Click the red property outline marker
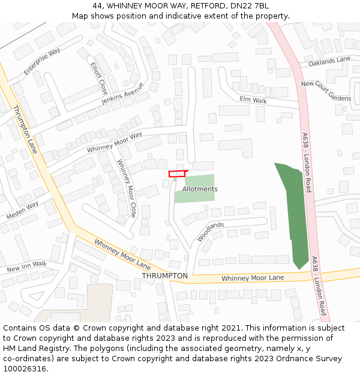[x=178, y=173]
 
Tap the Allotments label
[x=200, y=189]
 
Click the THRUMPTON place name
[x=164, y=275]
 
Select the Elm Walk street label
[x=253, y=100]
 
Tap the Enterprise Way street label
[x=42, y=62]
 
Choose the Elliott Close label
[x=99, y=78]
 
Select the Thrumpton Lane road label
[x=25, y=129]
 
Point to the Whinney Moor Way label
[x=114, y=142]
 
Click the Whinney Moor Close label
[x=127, y=188]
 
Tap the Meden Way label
[x=22, y=209]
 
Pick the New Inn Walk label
[x=26, y=266]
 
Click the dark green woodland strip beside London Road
[x=294, y=210]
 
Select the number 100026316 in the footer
[x=24, y=369]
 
